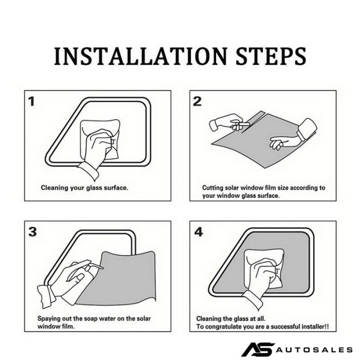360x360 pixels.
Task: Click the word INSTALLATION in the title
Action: point(141,57)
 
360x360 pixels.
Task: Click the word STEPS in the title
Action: point(271,57)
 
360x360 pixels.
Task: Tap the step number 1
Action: point(31,101)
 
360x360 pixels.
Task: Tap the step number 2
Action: point(197,101)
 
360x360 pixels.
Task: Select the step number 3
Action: point(32,232)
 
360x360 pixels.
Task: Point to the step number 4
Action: point(199,232)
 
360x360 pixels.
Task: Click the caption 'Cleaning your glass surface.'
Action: point(84,188)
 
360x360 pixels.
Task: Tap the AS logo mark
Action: point(258,349)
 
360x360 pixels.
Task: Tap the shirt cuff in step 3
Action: point(46,296)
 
